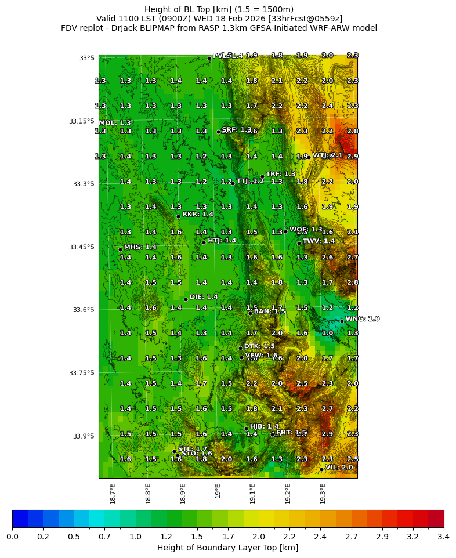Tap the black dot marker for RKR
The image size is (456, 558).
(x=178, y=216)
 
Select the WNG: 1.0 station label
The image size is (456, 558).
(x=362, y=319)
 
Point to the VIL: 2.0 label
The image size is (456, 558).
(x=339, y=467)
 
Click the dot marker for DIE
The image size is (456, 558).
(x=186, y=299)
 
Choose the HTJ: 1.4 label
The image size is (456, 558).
(x=222, y=240)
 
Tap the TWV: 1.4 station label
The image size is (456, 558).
(x=319, y=241)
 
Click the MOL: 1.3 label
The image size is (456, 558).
(x=115, y=123)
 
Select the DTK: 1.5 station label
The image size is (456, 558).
(x=259, y=346)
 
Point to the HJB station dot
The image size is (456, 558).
(x=246, y=429)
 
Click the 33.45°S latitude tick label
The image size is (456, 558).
(x=81, y=247)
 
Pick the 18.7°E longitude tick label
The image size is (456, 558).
(x=113, y=494)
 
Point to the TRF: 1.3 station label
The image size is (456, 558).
(x=281, y=174)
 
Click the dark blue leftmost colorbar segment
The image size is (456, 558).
(x=20, y=519)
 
